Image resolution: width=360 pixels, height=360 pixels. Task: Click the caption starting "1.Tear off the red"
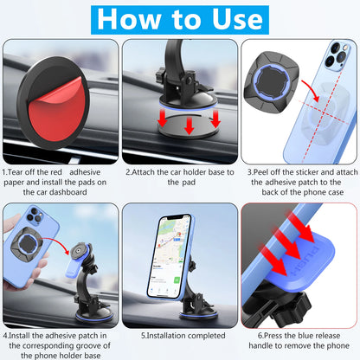click(x=60, y=182)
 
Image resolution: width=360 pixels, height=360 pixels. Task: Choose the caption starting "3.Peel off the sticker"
click(x=299, y=182)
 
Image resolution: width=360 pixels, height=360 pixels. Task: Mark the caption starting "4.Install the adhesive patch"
click(x=60, y=343)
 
